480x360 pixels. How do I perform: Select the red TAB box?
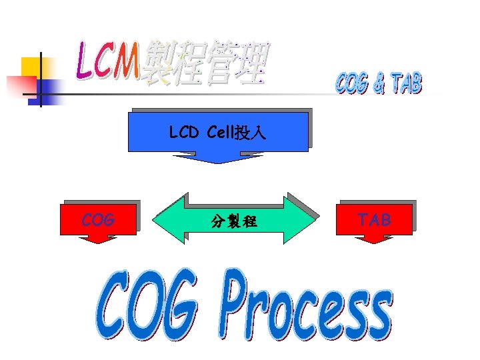pyautogui.click(x=374, y=219)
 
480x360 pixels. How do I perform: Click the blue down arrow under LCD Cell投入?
pyautogui.click(x=217, y=158)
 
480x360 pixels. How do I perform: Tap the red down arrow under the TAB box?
pyautogui.click(x=374, y=239)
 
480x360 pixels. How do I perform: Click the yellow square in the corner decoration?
pyautogui.click(x=30, y=66)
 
